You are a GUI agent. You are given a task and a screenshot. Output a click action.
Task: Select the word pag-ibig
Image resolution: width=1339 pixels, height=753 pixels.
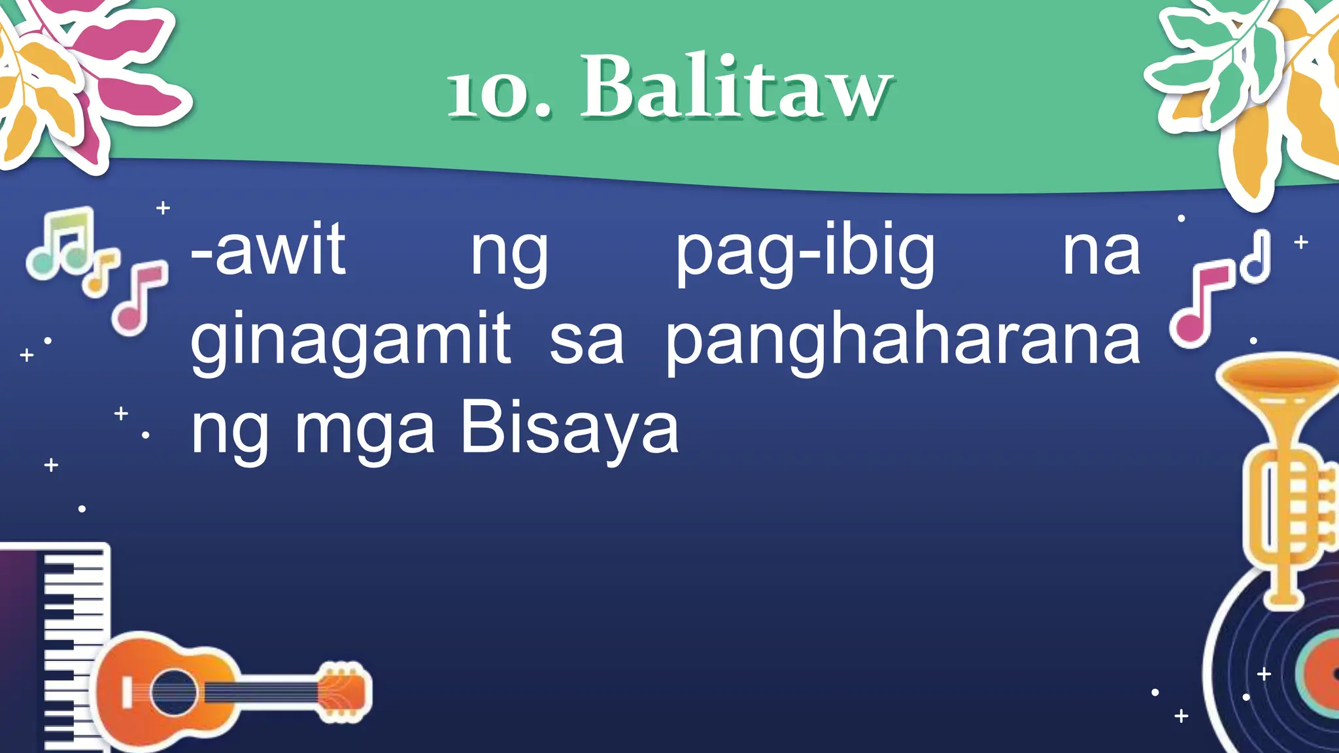(x=805, y=252)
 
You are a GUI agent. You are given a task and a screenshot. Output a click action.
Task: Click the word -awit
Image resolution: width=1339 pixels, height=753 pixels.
(x=268, y=250)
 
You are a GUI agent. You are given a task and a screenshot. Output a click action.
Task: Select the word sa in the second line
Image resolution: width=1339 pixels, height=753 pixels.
(x=586, y=343)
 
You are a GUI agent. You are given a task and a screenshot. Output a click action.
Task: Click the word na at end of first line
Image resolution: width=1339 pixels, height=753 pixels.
(x=1101, y=252)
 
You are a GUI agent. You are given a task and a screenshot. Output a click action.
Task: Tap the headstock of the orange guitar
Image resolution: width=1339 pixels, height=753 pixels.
(x=344, y=692)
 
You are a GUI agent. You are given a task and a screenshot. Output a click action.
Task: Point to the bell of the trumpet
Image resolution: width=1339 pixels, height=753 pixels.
(x=1278, y=379)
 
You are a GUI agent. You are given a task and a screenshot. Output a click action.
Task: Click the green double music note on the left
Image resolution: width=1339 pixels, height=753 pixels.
(x=62, y=245)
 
